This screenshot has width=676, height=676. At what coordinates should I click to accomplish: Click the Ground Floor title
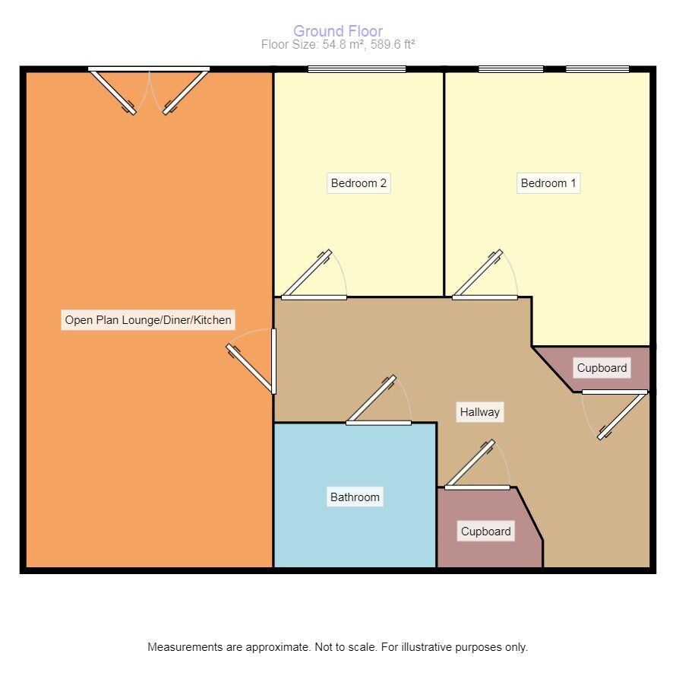[338, 31]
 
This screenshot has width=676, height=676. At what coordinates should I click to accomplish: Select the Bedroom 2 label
[359, 183]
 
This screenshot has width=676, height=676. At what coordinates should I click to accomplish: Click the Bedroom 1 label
[548, 183]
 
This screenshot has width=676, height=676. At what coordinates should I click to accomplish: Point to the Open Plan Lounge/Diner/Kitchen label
[148, 320]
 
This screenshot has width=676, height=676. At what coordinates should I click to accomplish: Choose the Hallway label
[480, 412]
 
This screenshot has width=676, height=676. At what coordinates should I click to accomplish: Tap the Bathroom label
[355, 497]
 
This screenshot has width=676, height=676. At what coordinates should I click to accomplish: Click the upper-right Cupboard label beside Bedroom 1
[602, 368]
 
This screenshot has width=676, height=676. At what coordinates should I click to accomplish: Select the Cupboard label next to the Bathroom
[486, 532]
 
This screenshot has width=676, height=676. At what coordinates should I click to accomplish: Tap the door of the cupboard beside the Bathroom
[471, 464]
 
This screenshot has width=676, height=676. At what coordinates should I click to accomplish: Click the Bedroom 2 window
[357, 69]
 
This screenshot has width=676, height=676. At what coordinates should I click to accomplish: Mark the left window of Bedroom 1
[511, 69]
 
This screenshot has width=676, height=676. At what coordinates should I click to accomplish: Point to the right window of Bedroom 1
[598, 69]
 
